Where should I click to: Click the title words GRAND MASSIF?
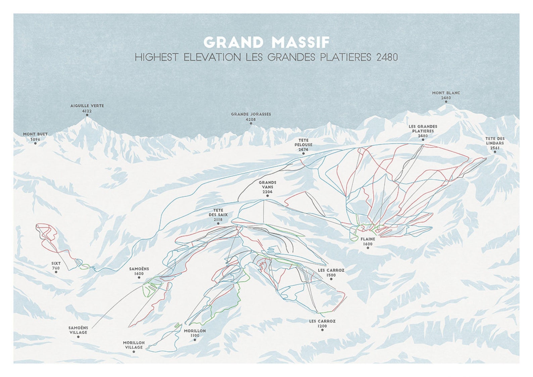pyautogui.click(x=266, y=43)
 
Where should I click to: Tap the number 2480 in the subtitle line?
pyautogui.click(x=387, y=57)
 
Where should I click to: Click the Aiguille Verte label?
pyautogui.click(x=87, y=108)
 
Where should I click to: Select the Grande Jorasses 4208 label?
pyautogui.click(x=251, y=116)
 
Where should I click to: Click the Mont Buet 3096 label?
pyautogui.click(x=35, y=136)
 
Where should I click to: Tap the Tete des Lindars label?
pyautogui.click(x=495, y=143)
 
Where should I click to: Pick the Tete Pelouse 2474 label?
pyautogui.click(x=303, y=145)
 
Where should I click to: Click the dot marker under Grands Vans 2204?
pyautogui.click(x=268, y=196)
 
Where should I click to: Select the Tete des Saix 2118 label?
pyautogui.click(x=218, y=215)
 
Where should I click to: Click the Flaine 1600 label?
pyautogui.click(x=368, y=241)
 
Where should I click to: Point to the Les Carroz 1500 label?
pyautogui.click(x=331, y=272)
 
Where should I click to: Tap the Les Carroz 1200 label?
pyautogui.click(x=322, y=323)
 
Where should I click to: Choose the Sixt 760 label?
pyautogui.click(x=56, y=266)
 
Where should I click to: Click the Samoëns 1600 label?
pyautogui.click(x=139, y=271)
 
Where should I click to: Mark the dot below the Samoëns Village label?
pyautogui.click(x=78, y=337)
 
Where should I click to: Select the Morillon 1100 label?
pyautogui.click(x=195, y=333)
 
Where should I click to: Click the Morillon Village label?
pyautogui.click(x=134, y=345)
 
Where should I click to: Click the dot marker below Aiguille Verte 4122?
pyautogui.click(x=87, y=115)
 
